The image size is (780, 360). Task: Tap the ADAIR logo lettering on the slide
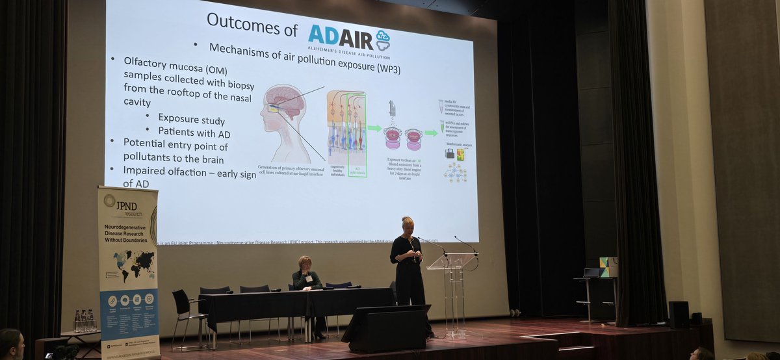click(x=341, y=38)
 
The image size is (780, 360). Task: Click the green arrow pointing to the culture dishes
click(x=374, y=128)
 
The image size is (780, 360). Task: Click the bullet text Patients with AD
click(x=194, y=131)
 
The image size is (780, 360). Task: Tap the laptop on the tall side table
click(x=592, y=273)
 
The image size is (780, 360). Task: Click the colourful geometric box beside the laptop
click(x=608, y=266)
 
